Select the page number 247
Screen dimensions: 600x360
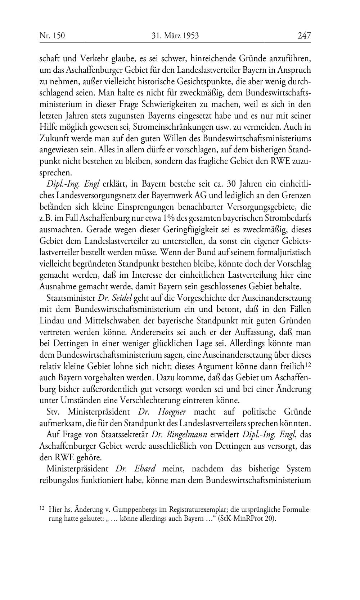pyautogui.click(x=304, y=35)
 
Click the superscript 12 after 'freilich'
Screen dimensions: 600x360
pyautogui.click(x=308, y=364)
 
